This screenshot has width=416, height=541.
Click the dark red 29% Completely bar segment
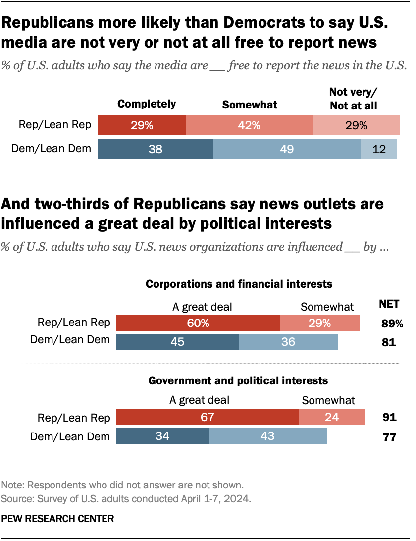[x=142, y=125]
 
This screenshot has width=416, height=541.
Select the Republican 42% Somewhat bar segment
[x=249, y=125]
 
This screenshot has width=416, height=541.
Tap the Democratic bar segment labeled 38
[x=156, y=149]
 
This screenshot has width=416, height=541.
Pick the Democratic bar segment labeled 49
[x=287, y=149]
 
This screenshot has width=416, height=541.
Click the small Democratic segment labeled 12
[x=379, y=149]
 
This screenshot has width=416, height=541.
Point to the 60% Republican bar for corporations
[x=198, y=323]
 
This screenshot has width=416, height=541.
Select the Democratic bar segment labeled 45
[x=177, y=342]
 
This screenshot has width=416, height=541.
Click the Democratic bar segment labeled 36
[x=288, y=342]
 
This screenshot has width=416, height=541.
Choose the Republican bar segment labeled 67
[x=208, y=417]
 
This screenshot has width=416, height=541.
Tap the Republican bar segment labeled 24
[x=332, y=417]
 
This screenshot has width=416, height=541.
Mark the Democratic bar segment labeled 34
[x=162, y=436]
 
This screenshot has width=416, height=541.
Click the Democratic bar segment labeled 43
[x=268, y=436]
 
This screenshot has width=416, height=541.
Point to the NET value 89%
[x=392, y=324]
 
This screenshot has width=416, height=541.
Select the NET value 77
[x=389, y=437]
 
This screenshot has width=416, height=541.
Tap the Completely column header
[x=146, y=104]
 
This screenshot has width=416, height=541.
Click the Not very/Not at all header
[x=353, y=99]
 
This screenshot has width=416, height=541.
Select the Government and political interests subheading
[x=238, y=380]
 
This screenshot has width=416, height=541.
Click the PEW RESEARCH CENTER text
[x=57, y=519]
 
